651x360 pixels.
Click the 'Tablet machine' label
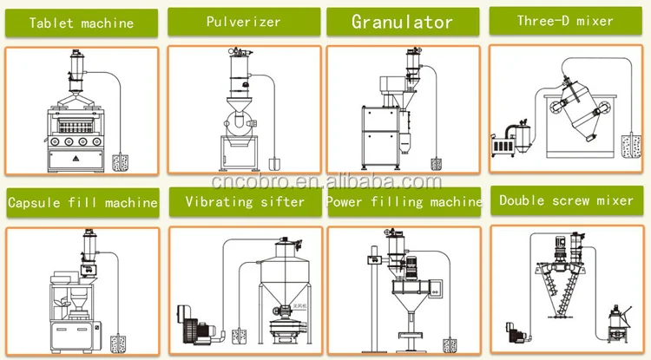82,23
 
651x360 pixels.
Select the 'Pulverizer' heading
242,21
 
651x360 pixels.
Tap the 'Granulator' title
402,21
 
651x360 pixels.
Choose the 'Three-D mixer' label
565,21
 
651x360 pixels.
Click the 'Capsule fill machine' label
82,204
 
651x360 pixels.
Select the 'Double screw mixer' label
566,200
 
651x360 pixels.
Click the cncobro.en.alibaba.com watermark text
325,181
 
